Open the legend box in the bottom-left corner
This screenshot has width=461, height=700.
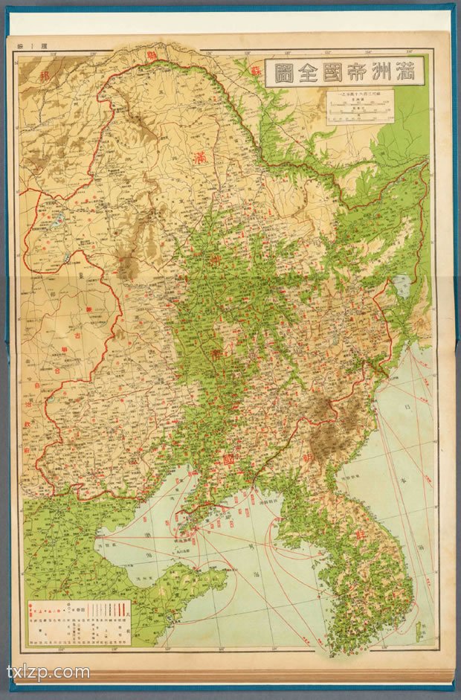(x=80, y=620)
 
